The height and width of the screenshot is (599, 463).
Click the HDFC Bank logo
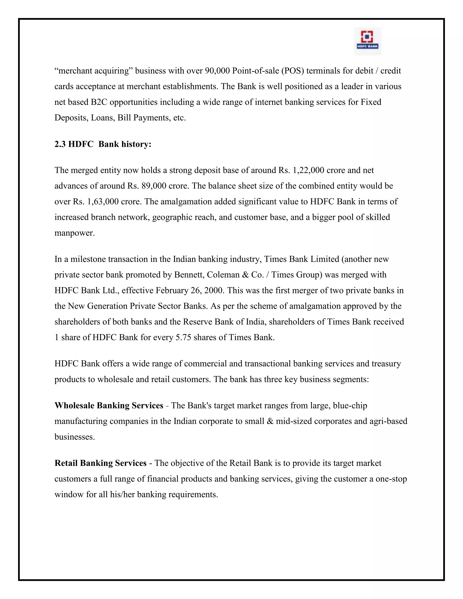pyautogui.click(x=368, y=41)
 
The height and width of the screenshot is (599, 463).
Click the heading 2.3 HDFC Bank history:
pyautogui.click(x=103, y=144)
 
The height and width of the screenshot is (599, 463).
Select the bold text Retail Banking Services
pyautogui.click(x=100, y=463)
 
